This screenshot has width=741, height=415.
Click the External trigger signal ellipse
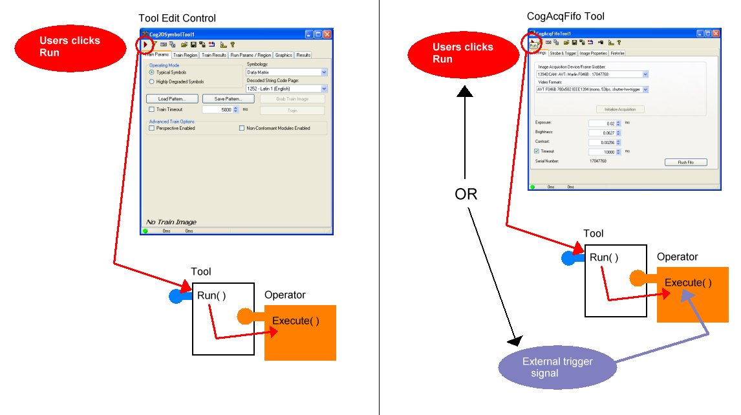[x=557, y=367]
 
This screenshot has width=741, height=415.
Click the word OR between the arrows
[x=466, y=193]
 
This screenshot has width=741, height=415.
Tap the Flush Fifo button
[x=685, y=162]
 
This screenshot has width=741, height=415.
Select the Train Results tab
[x=213, y=55]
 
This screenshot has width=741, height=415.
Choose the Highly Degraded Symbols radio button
[x=152, y=81]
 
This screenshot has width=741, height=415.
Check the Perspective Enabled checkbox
[x=151, y=128]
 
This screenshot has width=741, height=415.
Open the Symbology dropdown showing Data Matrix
[x=286, y=72]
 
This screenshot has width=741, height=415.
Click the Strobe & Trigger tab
[x=563, y=53]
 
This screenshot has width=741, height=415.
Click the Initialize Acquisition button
[x=619, y=109]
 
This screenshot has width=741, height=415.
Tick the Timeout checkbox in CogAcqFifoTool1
[x=537, y=151]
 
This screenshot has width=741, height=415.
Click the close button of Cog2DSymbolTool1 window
[x=327, y=34]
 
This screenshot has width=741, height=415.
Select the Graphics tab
[x=283, y=55]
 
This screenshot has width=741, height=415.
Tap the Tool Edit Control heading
[x=177, y=18]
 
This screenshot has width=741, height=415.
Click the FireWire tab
[x=617, y=53]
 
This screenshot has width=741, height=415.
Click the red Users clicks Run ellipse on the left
[x=70, y=46]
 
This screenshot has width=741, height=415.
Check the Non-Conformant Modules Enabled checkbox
[x=242, y=128]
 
